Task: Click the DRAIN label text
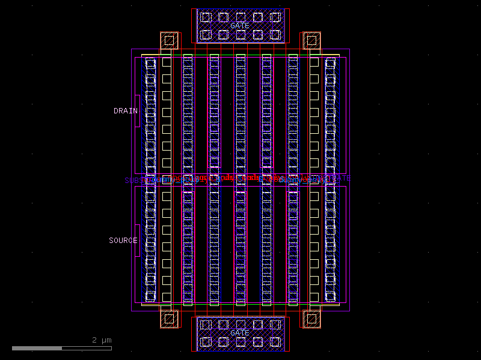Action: pyautogui.click(x=125, y=111)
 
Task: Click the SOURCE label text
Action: pyautogui.click(x=123, y=241)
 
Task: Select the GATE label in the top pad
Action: pyautogui.click(x=239, y=26)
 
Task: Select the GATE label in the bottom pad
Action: pyautogui.click(x=239, y=333)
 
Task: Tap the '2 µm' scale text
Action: pyautogui.click(x=102, y=340)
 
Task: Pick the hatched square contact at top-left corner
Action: pyautogui.click(x=170, y=40)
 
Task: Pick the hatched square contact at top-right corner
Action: pyautogui.click(x=311, y=40)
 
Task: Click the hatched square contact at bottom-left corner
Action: pyautogui.click(x=170, y=319)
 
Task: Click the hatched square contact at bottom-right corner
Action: pyautogui.click(x=311, y=319)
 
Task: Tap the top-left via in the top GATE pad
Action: pyautogui.click(x=206, y=17)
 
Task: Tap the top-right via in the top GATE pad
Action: pyautogui.click(x=275, y=17)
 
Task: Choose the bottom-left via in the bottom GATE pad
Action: pyautogui.click(x=206, y=342)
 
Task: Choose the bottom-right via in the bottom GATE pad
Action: pyautogui.click(x=275, y=342)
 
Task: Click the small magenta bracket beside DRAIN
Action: pyautogui.click(x=138, y=111)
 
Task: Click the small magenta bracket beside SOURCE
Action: pyautogui.click(x=138, y=241)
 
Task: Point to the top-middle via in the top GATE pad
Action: pyautogui.click(x=240, y=17)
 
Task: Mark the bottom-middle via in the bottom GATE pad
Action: pyautogui.click(x=240, y=342)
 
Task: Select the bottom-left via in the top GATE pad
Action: pyautogui.click(x=206, y=34)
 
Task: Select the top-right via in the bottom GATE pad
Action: pyautogui.click(x=275, y=325)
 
